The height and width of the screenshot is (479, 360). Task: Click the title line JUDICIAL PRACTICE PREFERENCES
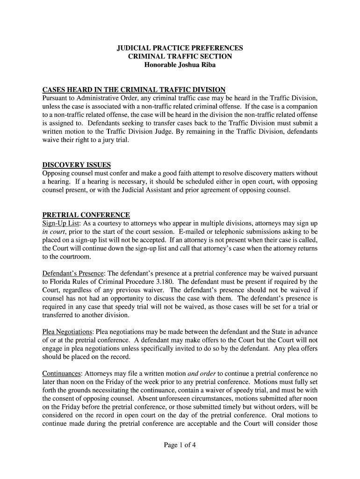[180, 48]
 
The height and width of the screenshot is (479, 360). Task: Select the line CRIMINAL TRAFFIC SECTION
[180, 57]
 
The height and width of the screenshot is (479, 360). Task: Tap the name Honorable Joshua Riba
[180, 65]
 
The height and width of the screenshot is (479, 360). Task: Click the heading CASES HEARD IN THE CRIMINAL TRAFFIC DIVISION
[134, 89]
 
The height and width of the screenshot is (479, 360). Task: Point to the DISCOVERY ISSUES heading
[77, 165]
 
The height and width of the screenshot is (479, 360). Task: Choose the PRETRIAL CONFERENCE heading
[86, 215]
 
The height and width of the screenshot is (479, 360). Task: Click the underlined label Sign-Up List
[61, 224]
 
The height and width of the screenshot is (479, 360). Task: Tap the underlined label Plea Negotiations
[67, 332]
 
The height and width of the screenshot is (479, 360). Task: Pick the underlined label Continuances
[62, 373]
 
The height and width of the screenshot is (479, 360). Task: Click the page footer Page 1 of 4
[180, 445]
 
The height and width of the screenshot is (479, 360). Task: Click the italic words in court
[52, 232]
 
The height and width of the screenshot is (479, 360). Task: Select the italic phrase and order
[202, 373]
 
